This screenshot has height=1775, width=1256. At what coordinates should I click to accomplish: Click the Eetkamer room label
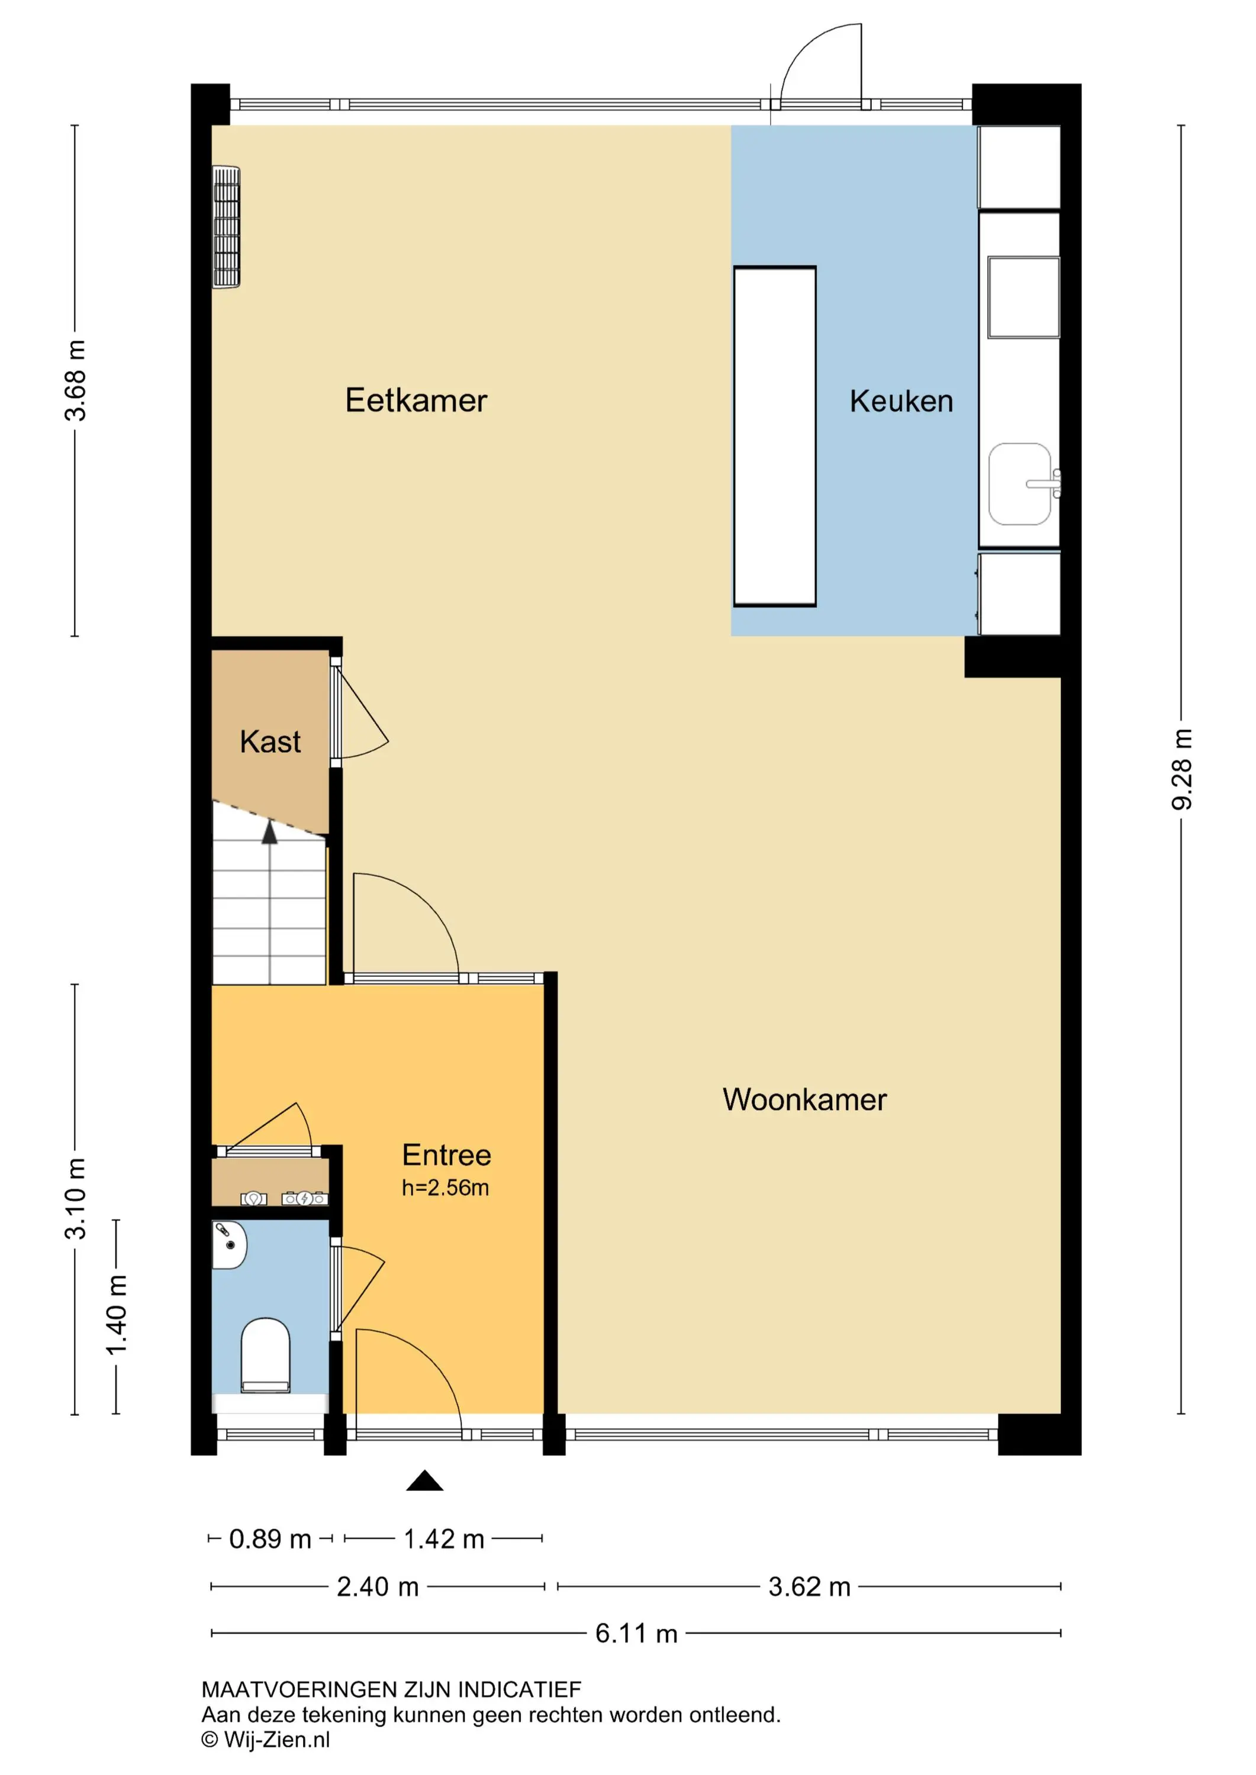pyautogui.click(x=416, y=401)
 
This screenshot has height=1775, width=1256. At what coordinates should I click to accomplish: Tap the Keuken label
pyautogui.click(x=901, y=401)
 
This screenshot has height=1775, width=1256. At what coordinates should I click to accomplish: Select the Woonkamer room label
pyautogui.click(x=804, y=1099)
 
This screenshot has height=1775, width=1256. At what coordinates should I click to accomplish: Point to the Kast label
pyautogui.click(x=270, y=741)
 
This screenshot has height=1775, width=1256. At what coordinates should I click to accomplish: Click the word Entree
pyautogui.click(x=446, y=1155)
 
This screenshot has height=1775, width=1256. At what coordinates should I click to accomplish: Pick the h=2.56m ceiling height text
pyautogui.click(x=446, y=1187)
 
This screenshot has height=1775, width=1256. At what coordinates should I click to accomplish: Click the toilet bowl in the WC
pyautogui.click(x=265, y=1356)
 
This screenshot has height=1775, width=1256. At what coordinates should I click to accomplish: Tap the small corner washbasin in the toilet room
pyautogui.click(x=229, y=1245)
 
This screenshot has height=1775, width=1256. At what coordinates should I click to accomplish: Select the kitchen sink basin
pyautogui.click(x=1020, y=484)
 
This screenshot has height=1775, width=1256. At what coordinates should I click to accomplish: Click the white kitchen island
pyautogui.click(x=774, y=437)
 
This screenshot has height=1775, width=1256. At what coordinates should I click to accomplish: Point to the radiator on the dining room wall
pyautogui.click(x=226, y=227)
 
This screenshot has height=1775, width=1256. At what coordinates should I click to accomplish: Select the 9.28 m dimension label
pyautogui.click(x=1182, y=769)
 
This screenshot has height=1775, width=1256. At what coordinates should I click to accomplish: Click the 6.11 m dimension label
pyautogui.click(x=636, y=1634)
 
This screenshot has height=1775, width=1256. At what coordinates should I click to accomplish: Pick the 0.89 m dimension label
pyautogui.click(x=270, y=1539)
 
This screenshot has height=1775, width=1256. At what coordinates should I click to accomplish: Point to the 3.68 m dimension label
pyautogui.click(x=75, y=380)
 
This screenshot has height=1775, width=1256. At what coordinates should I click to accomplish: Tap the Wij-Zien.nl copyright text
pyautogui.click(x=265, y=1739)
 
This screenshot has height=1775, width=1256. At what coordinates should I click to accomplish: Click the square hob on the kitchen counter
pyautogui.click(x=1023, y=298)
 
